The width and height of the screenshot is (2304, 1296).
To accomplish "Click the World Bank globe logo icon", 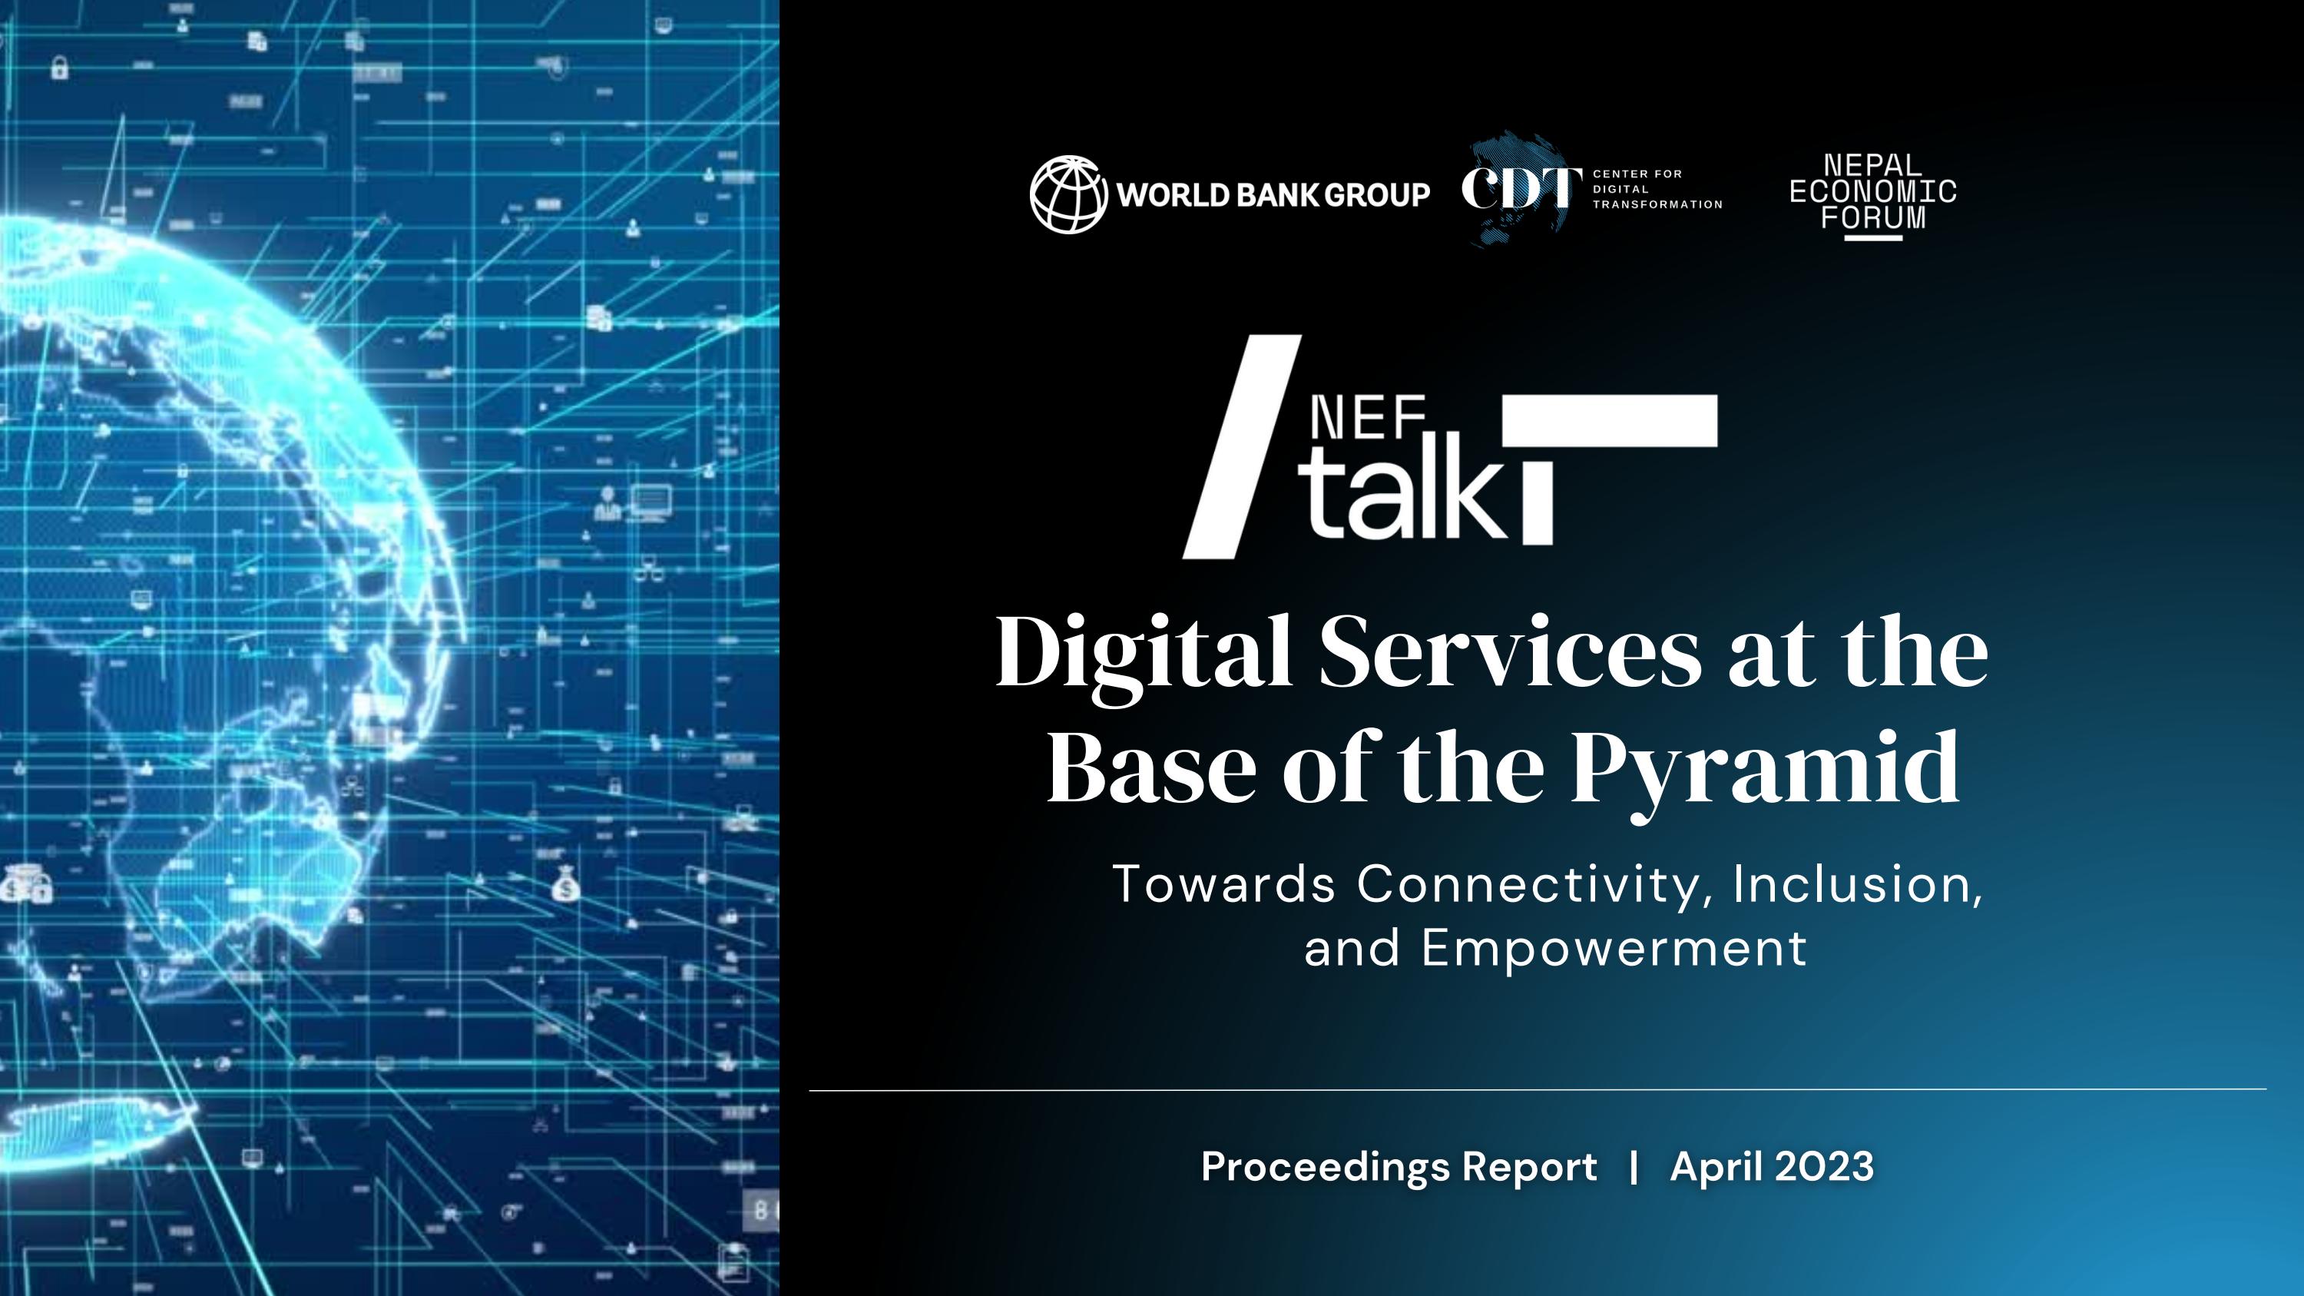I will point(1068,194).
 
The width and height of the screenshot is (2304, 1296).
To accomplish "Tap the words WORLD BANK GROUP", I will point(1273,195).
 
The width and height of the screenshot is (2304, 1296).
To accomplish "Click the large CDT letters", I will point(1515,189).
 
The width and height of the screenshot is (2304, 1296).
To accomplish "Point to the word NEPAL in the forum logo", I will point(1872,165).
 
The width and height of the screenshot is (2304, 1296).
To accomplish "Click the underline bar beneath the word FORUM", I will point(1874,237).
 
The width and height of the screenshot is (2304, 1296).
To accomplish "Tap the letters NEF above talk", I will point(1368,419).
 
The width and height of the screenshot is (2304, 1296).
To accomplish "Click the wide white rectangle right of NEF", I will point(1610,419).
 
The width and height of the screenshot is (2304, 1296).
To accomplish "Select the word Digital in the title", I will point(1144,653).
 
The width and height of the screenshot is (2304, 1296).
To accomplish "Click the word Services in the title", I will point(1510,653).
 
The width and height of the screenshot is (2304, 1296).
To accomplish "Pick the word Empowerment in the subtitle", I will point(1614,948).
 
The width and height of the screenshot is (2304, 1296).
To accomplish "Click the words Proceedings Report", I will point(1399,1166).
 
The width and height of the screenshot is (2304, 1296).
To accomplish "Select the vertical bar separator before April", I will point(1634,1166).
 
